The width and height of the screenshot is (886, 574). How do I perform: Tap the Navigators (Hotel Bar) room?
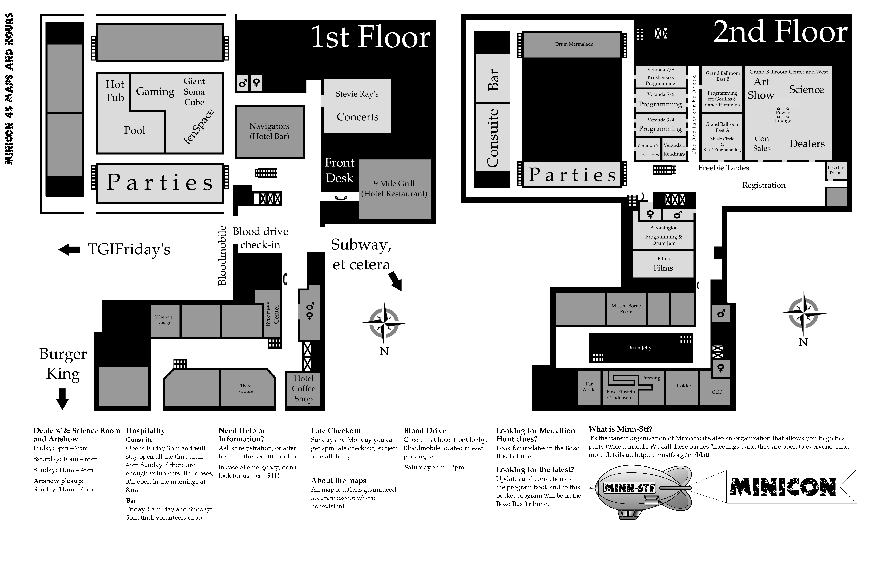[x=270, y=132]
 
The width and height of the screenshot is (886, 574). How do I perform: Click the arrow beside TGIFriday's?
[x=69, y=250]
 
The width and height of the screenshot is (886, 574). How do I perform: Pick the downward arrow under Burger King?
[x=62, y=399]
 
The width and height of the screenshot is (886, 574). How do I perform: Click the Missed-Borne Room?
[x=626, y=309]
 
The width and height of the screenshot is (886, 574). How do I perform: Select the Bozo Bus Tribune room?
[x=836, y=170]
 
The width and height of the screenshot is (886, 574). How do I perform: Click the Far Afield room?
[x=589, y=387]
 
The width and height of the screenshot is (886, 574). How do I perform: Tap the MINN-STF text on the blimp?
[x=629, y=487]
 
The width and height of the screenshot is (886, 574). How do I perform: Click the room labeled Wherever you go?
[x=165, y=321]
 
